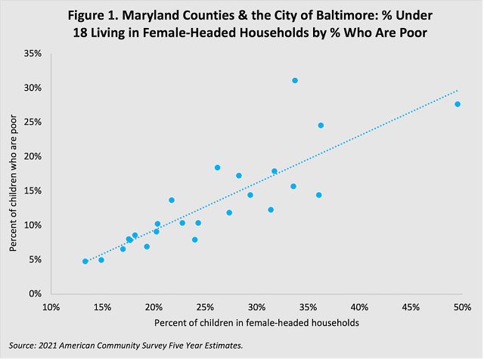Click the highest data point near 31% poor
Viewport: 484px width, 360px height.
point(295,80)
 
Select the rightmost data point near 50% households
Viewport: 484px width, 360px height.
point(458,104)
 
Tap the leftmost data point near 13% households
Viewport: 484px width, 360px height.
point(85,261)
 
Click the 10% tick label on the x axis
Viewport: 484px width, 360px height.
point(51,308)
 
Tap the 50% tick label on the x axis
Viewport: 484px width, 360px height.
point(462,308)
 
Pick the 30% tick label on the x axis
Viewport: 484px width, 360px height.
point(256,308)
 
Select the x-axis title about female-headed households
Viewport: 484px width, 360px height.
point(256,323)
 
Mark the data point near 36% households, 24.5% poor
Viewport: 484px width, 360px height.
point(321,126)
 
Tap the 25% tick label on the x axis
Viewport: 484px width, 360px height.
point(205,308)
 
